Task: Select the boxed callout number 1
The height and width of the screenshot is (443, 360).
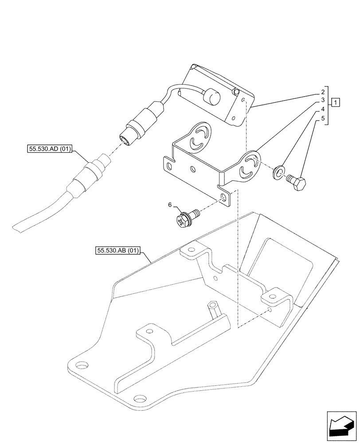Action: point(337,103)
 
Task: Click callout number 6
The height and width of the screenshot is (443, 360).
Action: point(169,205)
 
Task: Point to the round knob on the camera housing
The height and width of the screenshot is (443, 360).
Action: point(210,96)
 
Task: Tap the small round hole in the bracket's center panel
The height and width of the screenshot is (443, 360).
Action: point(192,169)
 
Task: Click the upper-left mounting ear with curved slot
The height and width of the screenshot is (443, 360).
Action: point(198,136)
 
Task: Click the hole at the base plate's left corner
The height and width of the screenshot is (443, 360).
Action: point(82,365)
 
